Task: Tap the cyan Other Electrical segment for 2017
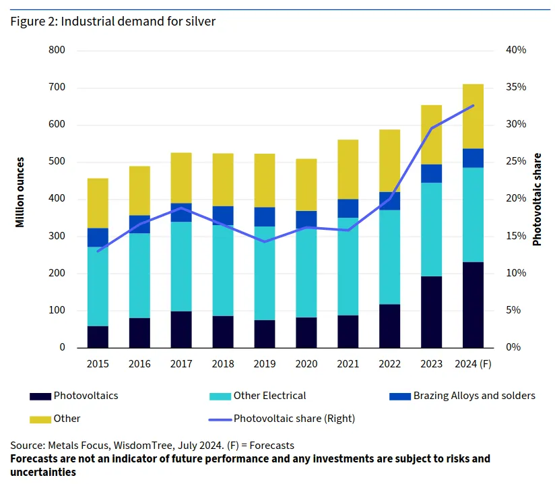(x=181, y=266)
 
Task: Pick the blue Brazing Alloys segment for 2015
(x=98, y=237)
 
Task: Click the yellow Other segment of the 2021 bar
(x=348, y=169)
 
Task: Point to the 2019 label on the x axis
(x=265, y=364)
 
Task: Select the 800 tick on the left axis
(x=57, y=51)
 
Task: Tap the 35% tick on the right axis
(x=516, y=88)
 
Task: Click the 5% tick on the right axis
(x=514, y=311)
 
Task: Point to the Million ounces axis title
(x=21, y=192)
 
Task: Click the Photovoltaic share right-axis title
(x=537, y=200)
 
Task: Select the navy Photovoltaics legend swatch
(x=40, y=396)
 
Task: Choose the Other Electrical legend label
(x=269, y=396)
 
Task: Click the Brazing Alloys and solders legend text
(x=474, y=396)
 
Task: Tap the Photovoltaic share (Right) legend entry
(x=294, y=419)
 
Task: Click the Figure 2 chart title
(x=112, y=21)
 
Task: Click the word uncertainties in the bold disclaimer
(x=42, y=472)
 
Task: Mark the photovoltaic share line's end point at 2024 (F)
(x=474, y=105)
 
